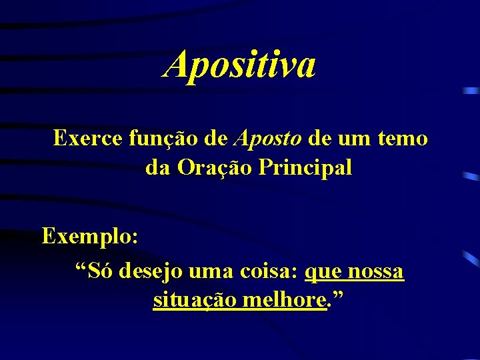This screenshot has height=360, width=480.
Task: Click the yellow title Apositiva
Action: coord(239,65)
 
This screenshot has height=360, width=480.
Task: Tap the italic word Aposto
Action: coord(267,139)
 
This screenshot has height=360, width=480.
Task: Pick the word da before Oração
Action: coord(158,168)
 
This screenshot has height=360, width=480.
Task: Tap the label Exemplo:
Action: coord(90,236)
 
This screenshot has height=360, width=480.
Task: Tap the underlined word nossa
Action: coord(375,272)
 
